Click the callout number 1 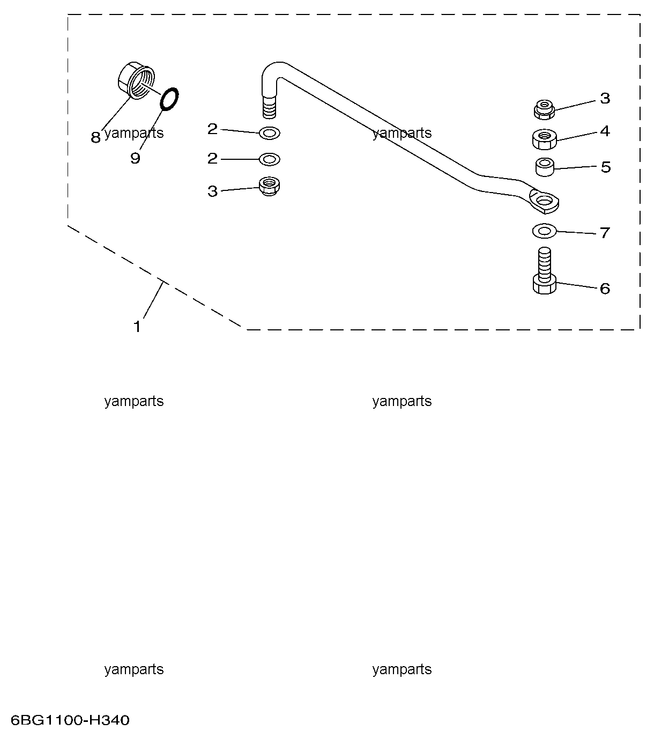(137, 327)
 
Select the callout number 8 (95, 137)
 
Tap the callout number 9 (135, 158)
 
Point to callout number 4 (605, 131)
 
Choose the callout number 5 (606, 167)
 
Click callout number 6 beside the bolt (605, 289)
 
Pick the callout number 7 (605, 232)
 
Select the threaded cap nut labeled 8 (136, 81)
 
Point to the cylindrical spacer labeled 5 (545, 167)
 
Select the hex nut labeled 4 (545, 139)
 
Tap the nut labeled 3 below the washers (270, 186)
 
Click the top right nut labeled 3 (545, 109)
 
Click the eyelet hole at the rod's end (545, 201)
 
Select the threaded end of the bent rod (270, 106)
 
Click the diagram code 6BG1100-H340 (70, 720)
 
